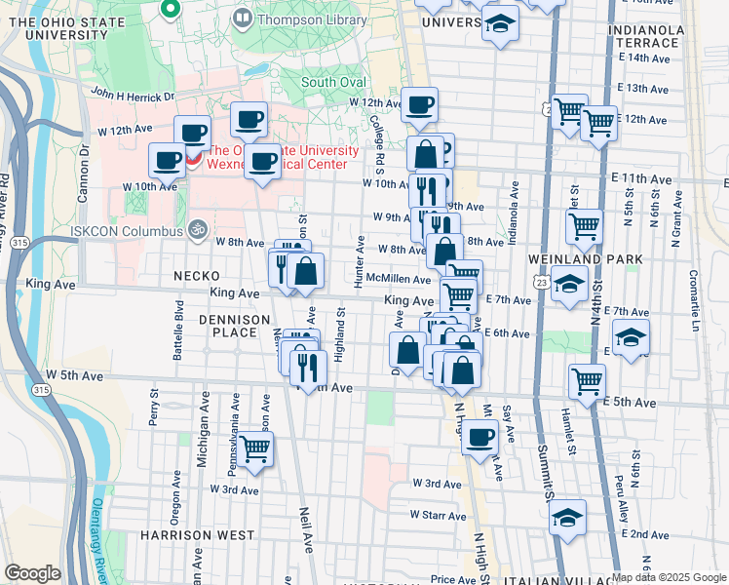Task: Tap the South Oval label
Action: (x=333, y=82)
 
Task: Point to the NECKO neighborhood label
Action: (x=196, y=276)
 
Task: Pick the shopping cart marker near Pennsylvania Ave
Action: (x=255, y=448)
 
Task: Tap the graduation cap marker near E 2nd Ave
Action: (x=568, y=518)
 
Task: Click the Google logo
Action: (x=32, y=573)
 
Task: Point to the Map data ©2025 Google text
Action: (x=669, y=577)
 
